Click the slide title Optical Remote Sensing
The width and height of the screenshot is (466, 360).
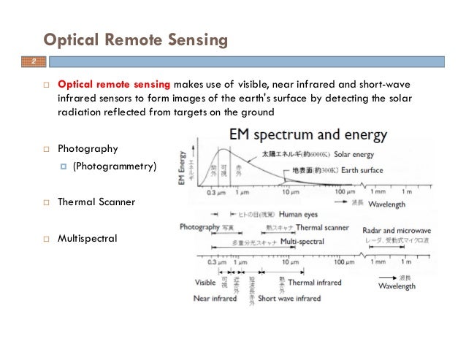click(x=136, y=40)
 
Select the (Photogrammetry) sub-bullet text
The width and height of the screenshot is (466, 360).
click(x=115, y=167)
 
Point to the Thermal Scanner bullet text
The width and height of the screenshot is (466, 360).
click(x=96, y=201)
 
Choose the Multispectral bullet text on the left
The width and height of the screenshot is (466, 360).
click(x=87, y=238)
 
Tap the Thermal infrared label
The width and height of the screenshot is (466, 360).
click(x=322, y=282)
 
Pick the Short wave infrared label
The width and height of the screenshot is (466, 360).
click(x=289, y=298)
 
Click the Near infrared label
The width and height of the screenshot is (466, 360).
click(x=217, y=298)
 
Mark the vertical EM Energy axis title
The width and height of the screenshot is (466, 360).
click(x=182, y=167)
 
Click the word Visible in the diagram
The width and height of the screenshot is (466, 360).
click(x=205, y=282)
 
